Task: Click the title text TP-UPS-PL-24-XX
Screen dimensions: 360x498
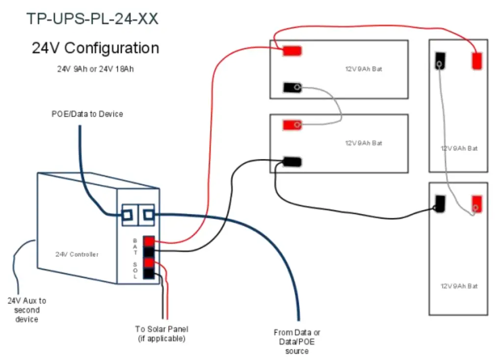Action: (92, 19)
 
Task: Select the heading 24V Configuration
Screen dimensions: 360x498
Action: (95, 48)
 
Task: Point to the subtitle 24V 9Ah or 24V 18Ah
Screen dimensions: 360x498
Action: (95, 69)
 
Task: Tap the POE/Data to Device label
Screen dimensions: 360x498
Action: (87, 114)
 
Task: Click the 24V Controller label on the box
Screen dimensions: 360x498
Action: (77, 254)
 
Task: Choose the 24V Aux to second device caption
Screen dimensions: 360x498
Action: (26, 309)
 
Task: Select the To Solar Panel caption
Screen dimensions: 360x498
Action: (161, 334)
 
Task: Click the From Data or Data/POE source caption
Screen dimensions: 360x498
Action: (297, 341)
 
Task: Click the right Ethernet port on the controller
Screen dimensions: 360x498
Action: (147, 215)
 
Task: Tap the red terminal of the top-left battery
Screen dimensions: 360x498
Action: (291, 51)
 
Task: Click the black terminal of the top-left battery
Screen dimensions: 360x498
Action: (292, 88)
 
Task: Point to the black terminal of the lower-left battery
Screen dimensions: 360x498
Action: (291, 162)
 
